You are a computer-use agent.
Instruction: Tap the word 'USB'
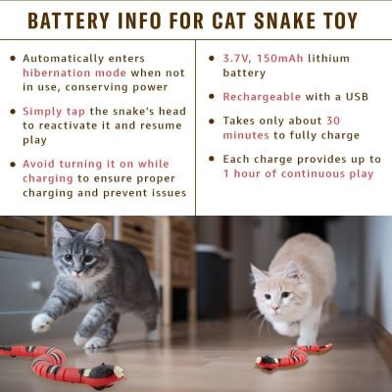(359, 97)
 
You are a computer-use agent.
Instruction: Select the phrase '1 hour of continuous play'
(299, 173)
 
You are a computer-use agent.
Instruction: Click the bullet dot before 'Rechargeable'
(213, 97)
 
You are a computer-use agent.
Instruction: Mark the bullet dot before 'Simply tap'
(12, 111)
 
